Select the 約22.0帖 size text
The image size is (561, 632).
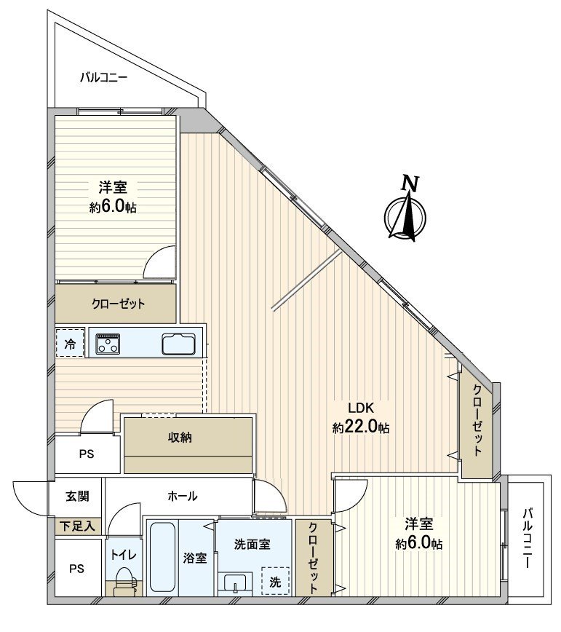tap(361, 428)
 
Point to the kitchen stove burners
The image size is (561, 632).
tap(109, 344)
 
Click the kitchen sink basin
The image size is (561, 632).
tap(178, 344)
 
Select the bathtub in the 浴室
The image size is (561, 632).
tap(163, 557)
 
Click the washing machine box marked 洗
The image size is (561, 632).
tap(275, 581)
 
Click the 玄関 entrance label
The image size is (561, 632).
tap(77, 497)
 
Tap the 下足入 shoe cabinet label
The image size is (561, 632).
tap(77, 525)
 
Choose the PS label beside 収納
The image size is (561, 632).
tap(86, 452)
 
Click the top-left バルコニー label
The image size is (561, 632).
tap(103, 76)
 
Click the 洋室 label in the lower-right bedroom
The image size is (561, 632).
tap(419, 524)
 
